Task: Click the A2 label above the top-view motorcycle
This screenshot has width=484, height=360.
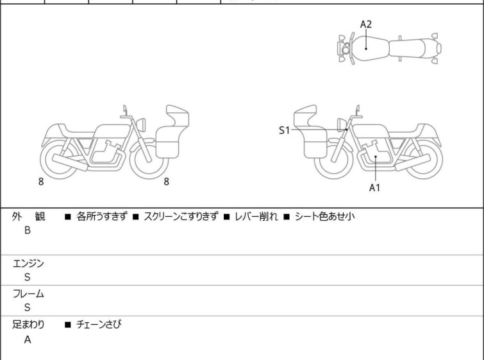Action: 365,24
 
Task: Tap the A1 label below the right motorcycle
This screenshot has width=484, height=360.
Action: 375,188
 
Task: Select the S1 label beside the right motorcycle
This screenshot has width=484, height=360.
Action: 285,130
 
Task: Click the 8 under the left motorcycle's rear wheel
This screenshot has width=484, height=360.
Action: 41,182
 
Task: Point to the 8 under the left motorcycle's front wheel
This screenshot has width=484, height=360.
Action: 166,182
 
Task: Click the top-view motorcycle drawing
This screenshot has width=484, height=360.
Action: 389,47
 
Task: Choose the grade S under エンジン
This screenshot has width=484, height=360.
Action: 28,277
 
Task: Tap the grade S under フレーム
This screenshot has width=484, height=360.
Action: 28,307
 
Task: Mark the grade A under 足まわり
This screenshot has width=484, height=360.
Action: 28,340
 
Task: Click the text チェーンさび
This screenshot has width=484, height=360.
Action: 99,325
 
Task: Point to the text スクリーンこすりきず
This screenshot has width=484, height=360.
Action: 181,217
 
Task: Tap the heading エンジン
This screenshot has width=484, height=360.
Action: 29,263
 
